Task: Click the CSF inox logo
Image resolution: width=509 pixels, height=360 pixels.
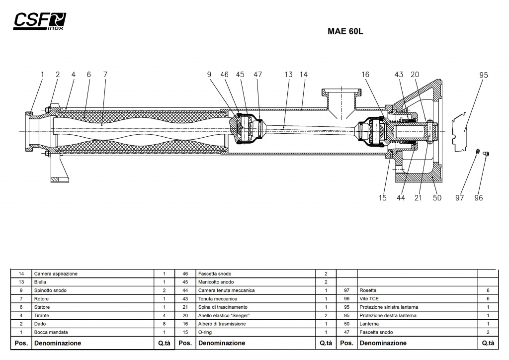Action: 40,21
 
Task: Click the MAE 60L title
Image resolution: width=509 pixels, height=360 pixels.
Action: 345,31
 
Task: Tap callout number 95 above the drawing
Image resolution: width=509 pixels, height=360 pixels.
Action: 483,75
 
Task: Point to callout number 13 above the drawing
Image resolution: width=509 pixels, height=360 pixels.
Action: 288,75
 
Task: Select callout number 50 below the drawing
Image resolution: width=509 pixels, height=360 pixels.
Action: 437,198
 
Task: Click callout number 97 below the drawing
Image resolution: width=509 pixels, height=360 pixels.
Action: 459,198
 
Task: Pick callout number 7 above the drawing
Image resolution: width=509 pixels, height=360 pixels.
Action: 105,75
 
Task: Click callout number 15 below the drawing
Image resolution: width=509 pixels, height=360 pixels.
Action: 382,198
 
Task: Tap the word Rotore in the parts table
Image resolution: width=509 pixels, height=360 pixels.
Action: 41,299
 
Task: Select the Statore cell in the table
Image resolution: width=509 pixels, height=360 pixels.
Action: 42,307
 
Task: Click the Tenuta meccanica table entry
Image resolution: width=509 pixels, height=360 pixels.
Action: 218,299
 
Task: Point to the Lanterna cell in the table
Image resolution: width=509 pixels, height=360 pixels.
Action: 369,324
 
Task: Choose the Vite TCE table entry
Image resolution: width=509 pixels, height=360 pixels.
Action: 369,299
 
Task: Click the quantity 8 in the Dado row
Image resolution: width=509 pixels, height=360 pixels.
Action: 164,324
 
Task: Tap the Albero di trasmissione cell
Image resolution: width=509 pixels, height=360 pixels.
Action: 222,324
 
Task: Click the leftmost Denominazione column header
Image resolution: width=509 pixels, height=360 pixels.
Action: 58,343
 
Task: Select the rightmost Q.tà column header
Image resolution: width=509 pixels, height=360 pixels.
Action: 488,343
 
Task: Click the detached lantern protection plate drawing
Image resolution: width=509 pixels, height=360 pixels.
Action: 459,132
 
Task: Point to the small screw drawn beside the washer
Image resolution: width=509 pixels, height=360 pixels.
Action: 486,154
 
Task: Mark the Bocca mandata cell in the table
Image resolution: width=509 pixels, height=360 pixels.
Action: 51,332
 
